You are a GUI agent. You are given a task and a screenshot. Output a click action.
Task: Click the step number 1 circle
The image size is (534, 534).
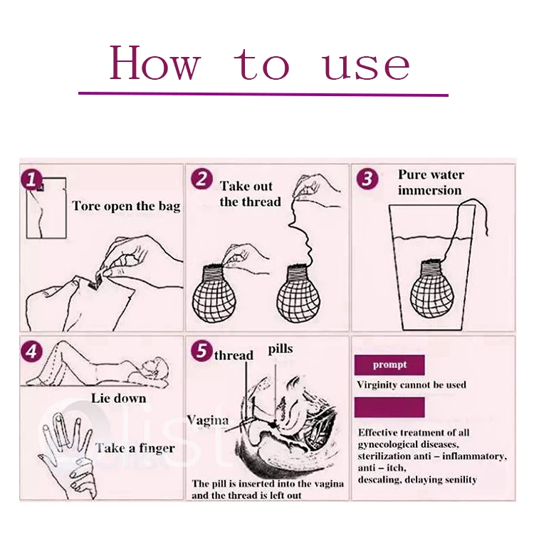31,179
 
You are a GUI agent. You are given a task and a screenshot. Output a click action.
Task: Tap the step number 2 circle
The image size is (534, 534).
201,179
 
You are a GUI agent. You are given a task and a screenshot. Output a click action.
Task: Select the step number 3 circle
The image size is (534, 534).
367,179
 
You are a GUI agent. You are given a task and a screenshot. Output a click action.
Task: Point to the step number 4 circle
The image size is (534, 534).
31,351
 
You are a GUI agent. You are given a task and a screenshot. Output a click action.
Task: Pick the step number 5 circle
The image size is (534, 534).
201,351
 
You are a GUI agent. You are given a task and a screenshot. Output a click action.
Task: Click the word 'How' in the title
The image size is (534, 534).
155,63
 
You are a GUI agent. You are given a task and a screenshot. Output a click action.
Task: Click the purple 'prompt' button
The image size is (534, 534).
389,365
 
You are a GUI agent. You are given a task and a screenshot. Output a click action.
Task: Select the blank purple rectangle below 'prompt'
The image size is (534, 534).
389,407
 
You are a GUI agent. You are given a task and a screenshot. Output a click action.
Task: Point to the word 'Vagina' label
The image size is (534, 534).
208,420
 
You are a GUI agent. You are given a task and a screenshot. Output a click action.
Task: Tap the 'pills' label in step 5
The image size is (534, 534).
281,350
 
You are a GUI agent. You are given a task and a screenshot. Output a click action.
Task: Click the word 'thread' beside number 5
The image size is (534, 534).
234,355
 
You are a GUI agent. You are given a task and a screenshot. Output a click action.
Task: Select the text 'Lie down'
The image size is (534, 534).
118,398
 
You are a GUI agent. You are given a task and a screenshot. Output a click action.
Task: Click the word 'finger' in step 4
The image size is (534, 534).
156,448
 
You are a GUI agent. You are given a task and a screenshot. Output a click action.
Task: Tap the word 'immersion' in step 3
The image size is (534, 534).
430,190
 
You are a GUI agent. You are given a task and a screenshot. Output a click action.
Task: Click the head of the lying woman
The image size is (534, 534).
157,368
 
